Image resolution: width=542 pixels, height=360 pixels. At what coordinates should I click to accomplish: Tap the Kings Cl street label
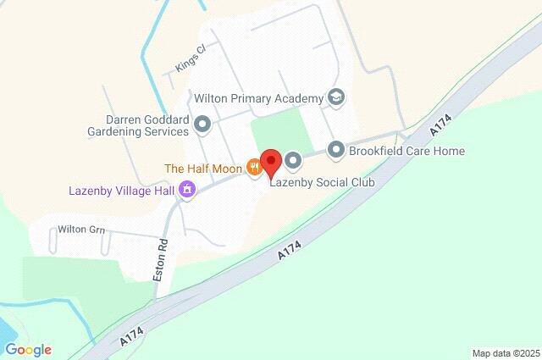click(x=191, y=59)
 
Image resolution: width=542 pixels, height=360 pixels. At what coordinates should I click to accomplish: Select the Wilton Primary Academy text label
click(x=258, y=99)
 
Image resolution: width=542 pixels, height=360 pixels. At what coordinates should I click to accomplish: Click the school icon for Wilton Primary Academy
click(x=337, y=98)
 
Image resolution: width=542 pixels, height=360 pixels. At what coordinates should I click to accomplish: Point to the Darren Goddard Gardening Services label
click(x=137, y=126)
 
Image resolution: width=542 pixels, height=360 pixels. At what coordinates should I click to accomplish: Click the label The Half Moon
click(x=202, y=169)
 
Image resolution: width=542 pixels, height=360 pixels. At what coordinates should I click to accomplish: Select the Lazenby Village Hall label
click(x=121, y=191)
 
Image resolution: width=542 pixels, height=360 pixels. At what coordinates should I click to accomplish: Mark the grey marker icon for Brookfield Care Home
click(x=336, y=151)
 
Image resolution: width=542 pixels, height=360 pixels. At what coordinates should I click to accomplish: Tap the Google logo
click(x=28, y=349)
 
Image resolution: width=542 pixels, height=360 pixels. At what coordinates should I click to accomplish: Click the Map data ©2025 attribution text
click(x=505, y=353)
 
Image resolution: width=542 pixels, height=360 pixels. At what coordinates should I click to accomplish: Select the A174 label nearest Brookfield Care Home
click(x=439, y=128)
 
